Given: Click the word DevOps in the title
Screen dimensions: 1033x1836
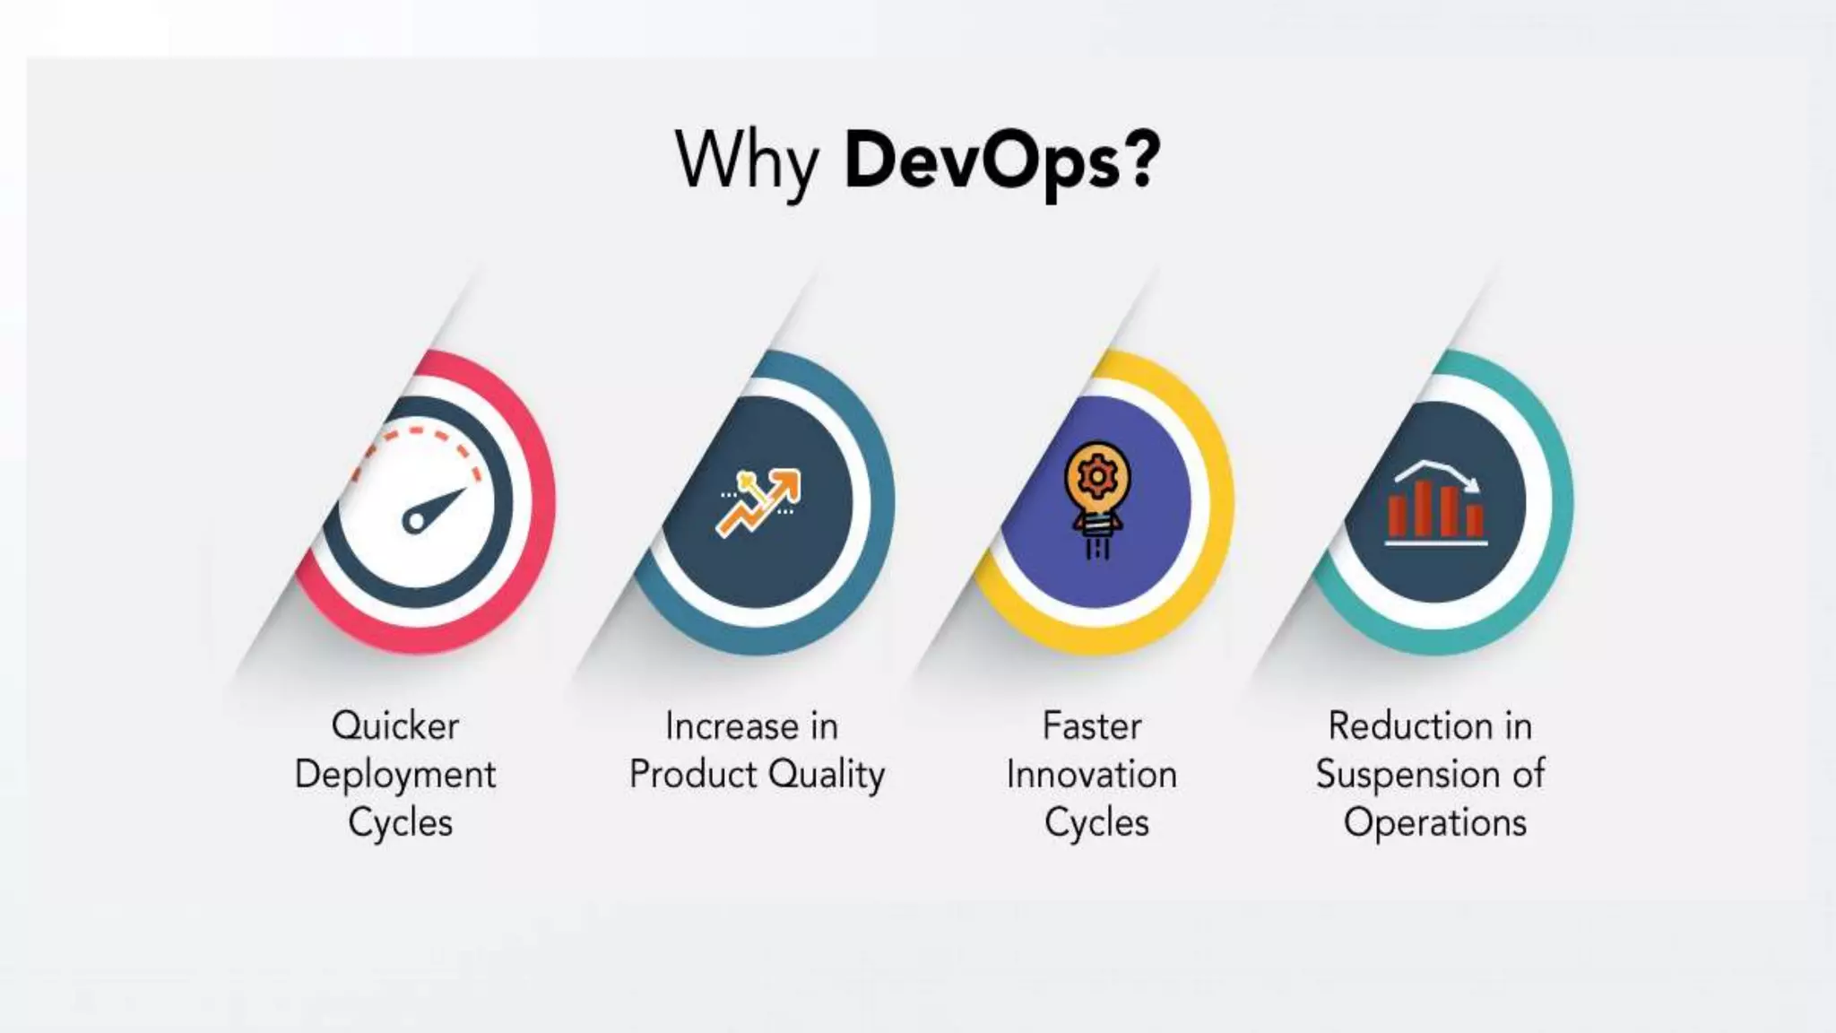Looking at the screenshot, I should point(982,161).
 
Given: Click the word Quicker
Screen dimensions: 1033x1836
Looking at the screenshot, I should point(395,725).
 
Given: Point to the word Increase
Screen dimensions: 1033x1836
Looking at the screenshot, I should point(732,725).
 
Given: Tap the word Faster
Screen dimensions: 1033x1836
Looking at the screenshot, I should point(1092,725).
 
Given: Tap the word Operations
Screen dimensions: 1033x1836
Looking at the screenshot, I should point(1434,822).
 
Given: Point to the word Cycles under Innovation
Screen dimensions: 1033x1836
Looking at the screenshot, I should point(1096,822).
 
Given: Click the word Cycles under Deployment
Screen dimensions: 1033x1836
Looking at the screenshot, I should point(400,822).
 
